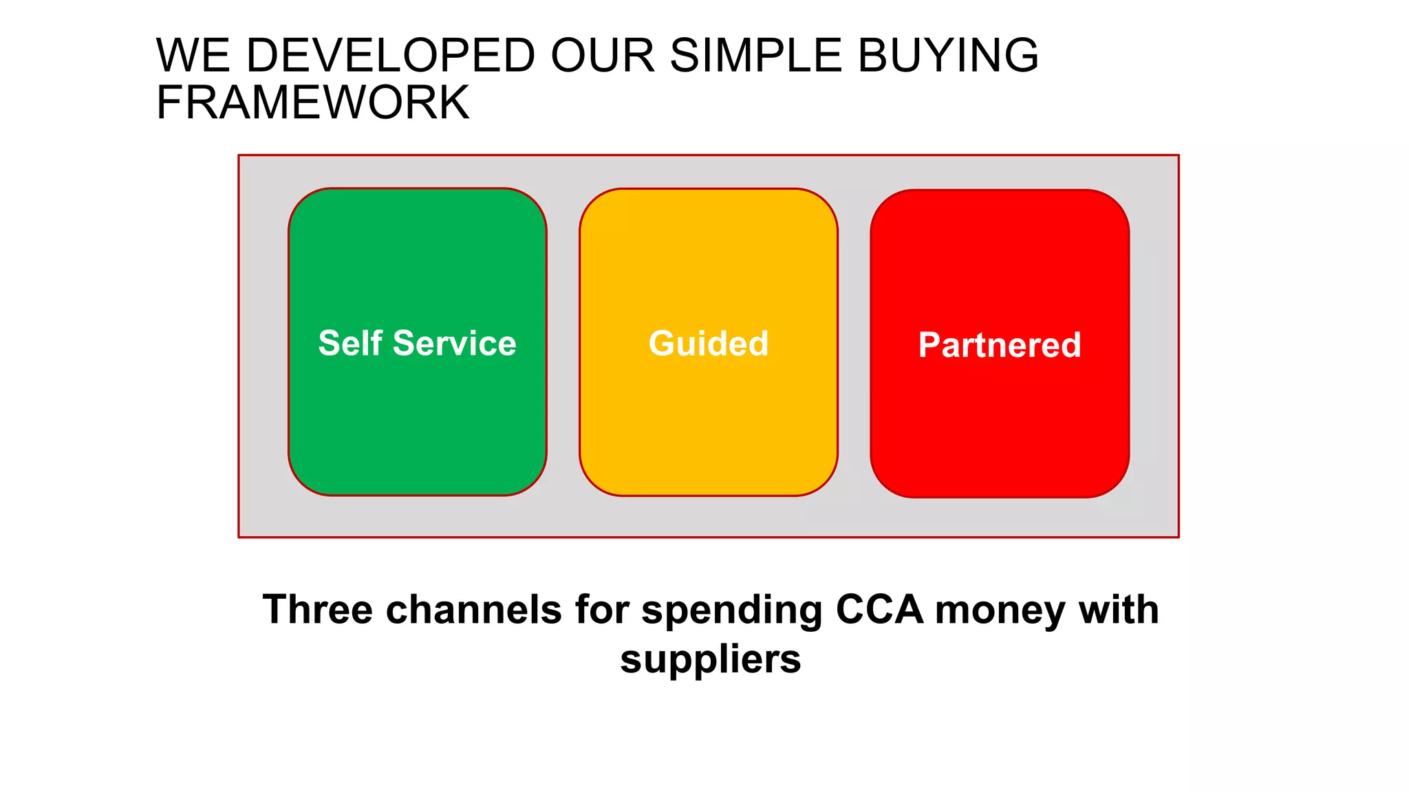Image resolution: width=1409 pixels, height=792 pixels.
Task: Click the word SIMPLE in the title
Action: (x=755, y=55)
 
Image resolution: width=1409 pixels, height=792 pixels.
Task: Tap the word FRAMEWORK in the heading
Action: (x=312, y=103)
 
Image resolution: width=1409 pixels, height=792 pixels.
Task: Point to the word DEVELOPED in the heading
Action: (x=390, y=55)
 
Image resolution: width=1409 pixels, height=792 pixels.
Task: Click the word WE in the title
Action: (x=193, y=55)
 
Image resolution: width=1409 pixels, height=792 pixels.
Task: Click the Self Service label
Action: (x=417, y=343)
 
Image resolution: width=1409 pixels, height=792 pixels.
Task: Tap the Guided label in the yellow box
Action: (x=708, y=343)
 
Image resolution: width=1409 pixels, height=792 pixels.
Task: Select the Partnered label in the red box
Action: (x=999, y=344)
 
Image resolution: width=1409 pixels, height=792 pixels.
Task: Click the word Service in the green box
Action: (x=454, y=343)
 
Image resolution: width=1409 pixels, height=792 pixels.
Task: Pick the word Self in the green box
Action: (x=350, y=343)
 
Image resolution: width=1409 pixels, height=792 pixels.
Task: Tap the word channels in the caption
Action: (x=474, y=610)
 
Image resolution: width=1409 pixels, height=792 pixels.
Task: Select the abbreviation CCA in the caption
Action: (x=879, y=610)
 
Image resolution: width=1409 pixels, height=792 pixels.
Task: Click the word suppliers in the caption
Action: (x=710, y=660)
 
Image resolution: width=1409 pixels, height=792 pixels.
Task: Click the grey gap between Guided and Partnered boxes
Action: (x=854, y=343)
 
